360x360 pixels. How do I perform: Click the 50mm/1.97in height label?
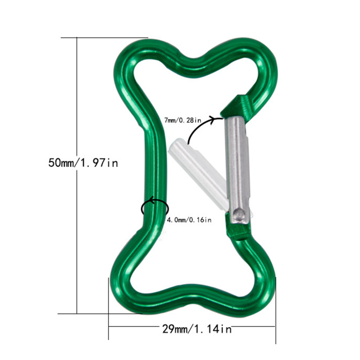tap(83, 163)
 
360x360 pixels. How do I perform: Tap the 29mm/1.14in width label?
tap(197, 329)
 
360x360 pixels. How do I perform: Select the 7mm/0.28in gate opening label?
tap(183, 120)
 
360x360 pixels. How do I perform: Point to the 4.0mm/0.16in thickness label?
tap(189, 220)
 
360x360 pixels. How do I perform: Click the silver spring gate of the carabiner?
tap(237, 170)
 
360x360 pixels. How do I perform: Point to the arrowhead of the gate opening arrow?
tap(218, 119)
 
